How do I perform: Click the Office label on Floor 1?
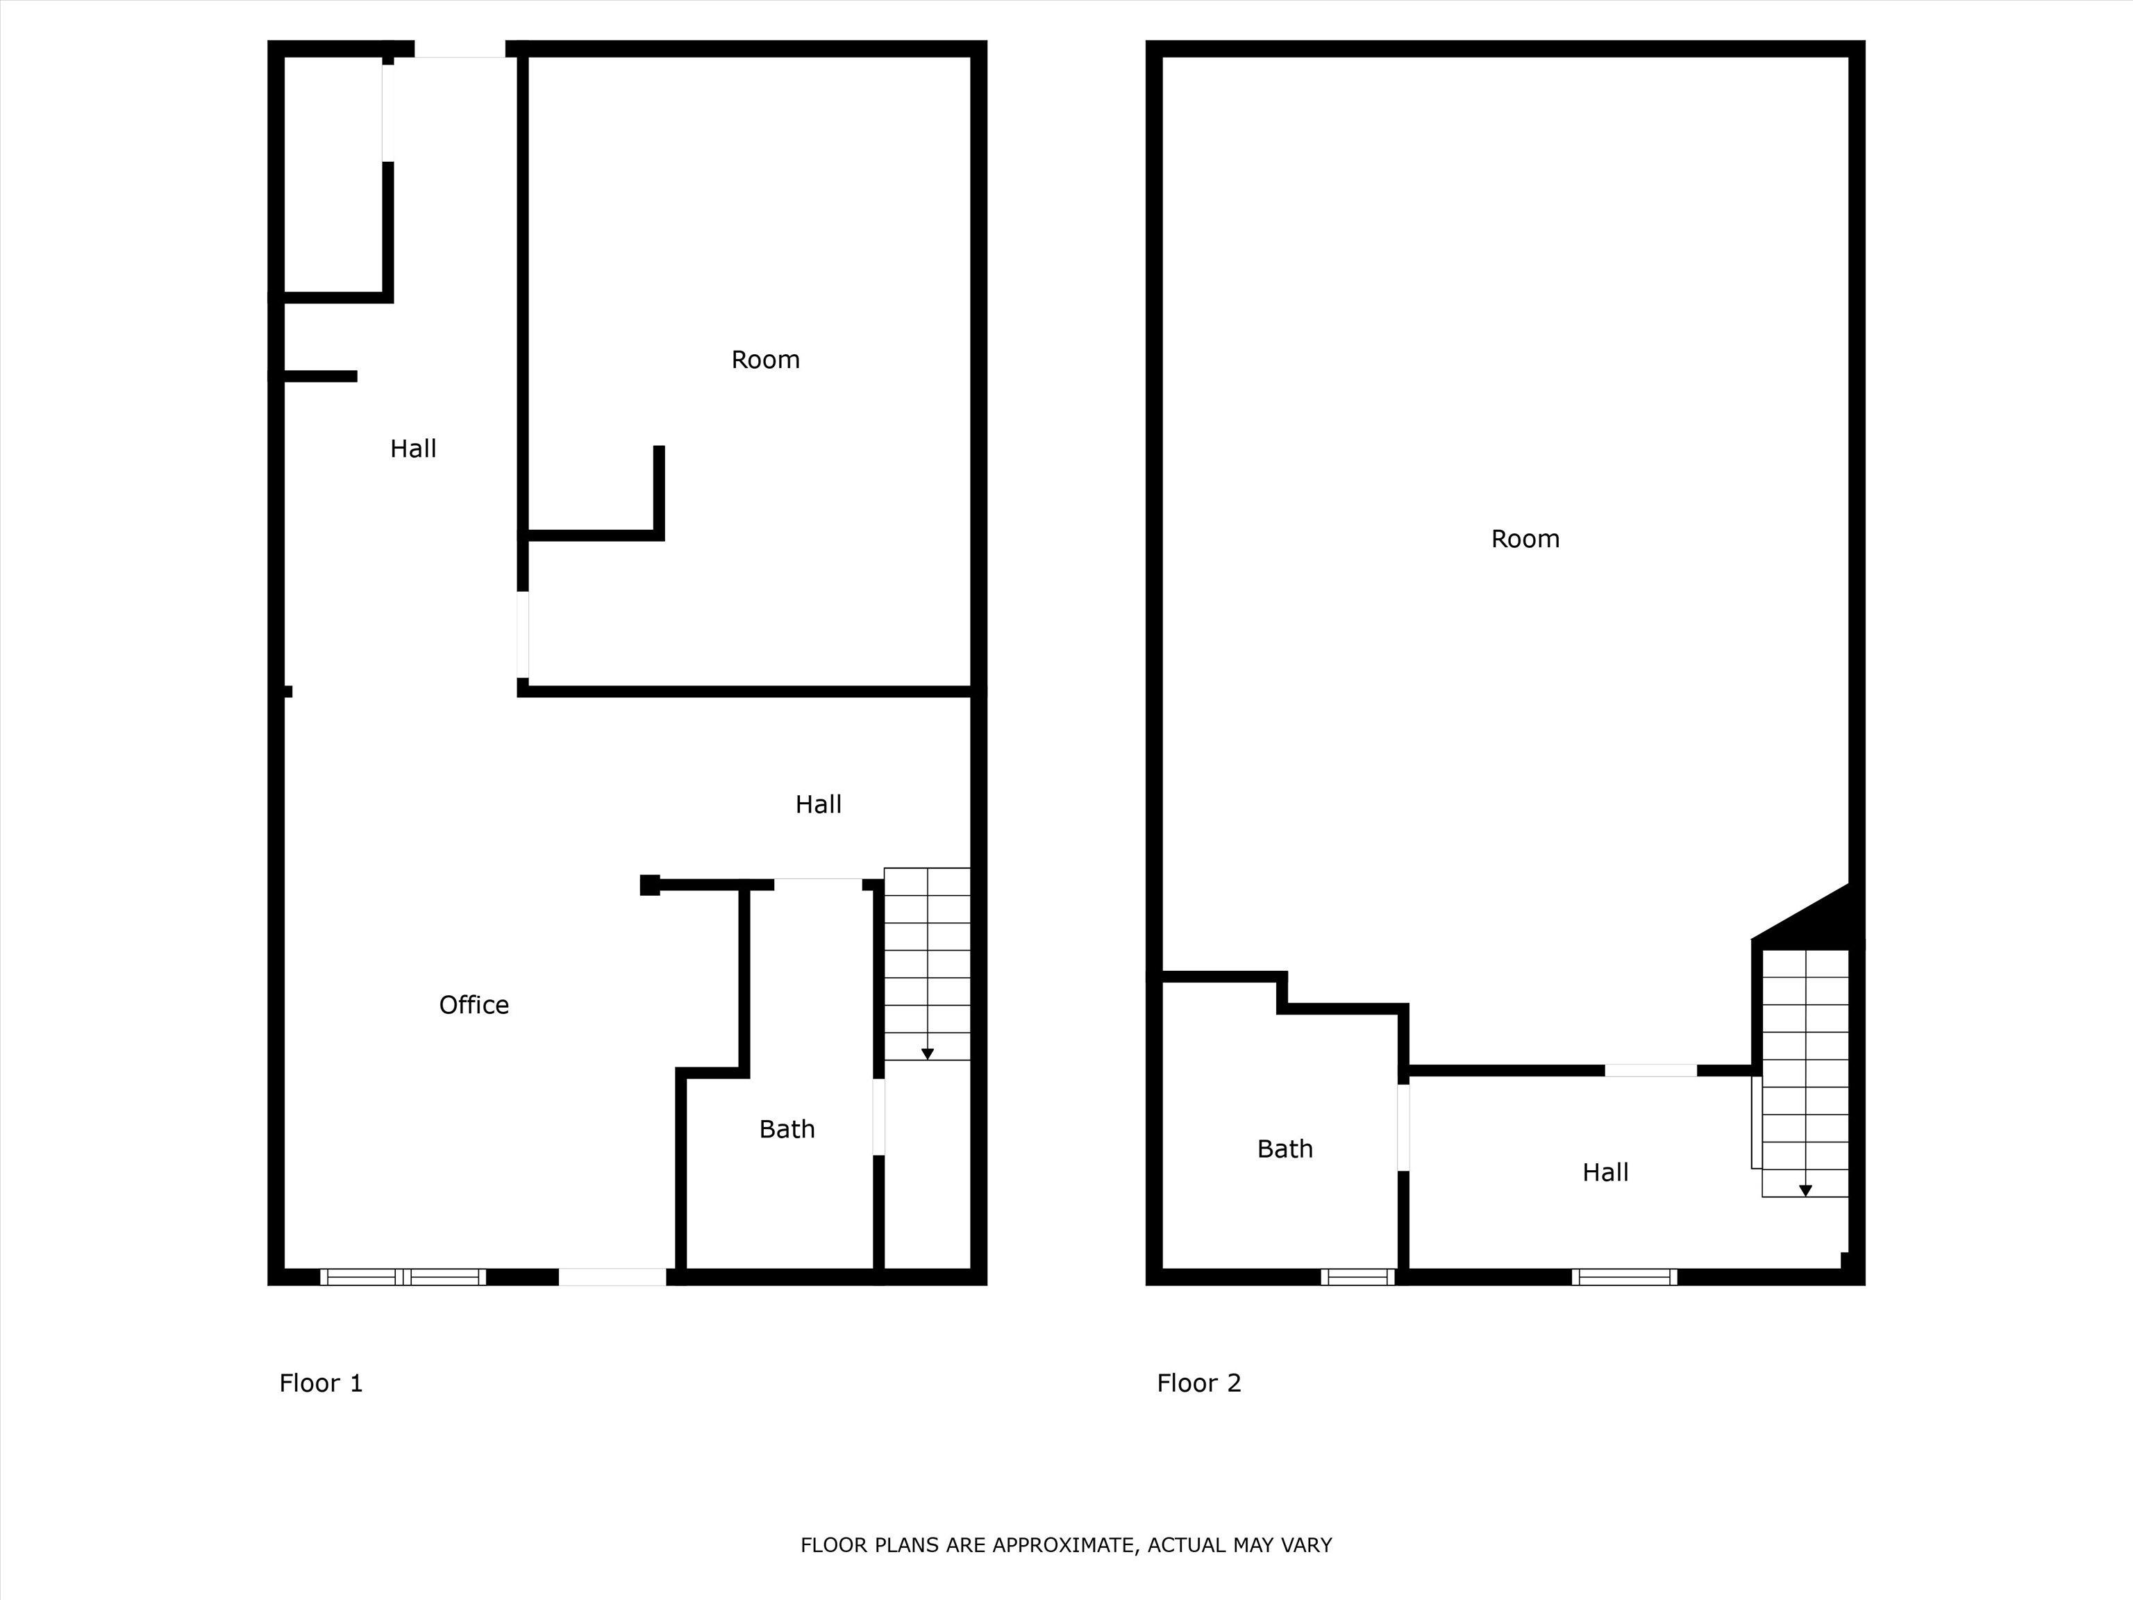474,1005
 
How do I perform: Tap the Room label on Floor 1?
764,360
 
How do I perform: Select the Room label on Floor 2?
1525,539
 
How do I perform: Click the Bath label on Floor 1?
787,1129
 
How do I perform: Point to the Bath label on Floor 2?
1285,1149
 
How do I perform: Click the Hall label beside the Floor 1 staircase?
818,804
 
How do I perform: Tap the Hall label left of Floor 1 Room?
412,449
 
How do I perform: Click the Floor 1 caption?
321,1383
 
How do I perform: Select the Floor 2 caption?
1198,1383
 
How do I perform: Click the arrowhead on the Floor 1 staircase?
928,1054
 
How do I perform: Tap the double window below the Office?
403,1277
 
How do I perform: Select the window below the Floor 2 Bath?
1357,1277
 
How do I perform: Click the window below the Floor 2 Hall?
1624,1277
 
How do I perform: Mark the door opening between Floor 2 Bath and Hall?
1403,1126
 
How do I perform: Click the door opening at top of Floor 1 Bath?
818,883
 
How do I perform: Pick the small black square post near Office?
650,885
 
